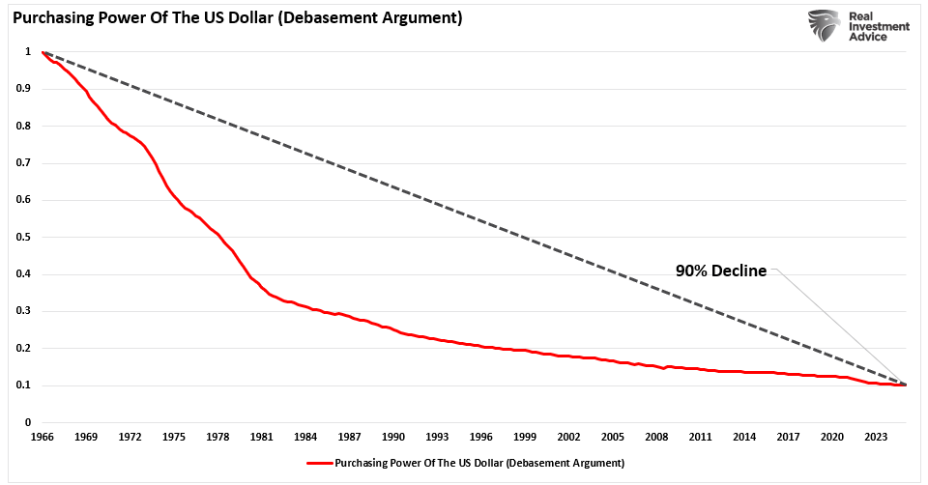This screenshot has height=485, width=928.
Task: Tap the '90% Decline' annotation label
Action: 720,271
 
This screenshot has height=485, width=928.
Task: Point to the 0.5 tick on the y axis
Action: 24,238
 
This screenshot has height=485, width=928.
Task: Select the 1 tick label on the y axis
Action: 28,52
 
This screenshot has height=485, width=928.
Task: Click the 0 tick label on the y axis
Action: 28,423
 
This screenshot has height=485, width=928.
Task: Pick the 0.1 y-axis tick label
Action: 24,385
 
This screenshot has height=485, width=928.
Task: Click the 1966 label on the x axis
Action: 42,438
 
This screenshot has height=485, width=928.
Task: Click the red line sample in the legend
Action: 319,463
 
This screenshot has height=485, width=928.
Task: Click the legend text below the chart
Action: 478,463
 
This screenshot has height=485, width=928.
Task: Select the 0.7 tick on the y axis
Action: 24,163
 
